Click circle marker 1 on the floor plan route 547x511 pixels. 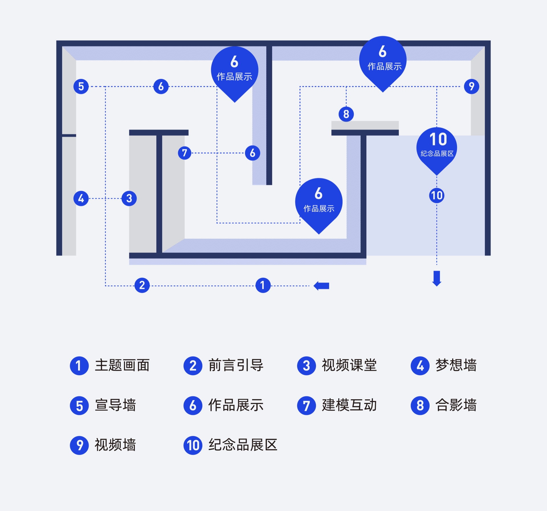[x=263, y=285]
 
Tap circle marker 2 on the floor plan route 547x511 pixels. [x=142, y=285]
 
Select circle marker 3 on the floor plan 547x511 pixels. [x=129, y=198]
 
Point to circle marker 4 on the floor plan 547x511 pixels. [x=81, y=198]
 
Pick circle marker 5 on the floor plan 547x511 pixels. [x=81, y=86]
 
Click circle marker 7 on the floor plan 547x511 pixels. [x=185, y=153]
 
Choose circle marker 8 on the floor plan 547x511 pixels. [x=346, y=114]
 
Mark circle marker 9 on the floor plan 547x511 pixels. [x=472, y=86]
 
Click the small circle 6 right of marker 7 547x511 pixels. [x=252, y=153]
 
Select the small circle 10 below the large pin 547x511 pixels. [x=437, y=196]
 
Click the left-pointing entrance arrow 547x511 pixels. [x=322, y=286]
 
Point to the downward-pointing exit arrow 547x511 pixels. [x=437, y=278]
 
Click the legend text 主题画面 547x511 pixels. [x=122, y=366]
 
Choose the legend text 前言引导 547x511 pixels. [x=236, y=366]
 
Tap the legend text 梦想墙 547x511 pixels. [x=456, y=366]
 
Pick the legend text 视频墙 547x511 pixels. [x=115, y=445]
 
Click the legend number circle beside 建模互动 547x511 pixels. [x=306, y=406]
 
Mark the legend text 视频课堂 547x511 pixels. [x=349, y=366]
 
